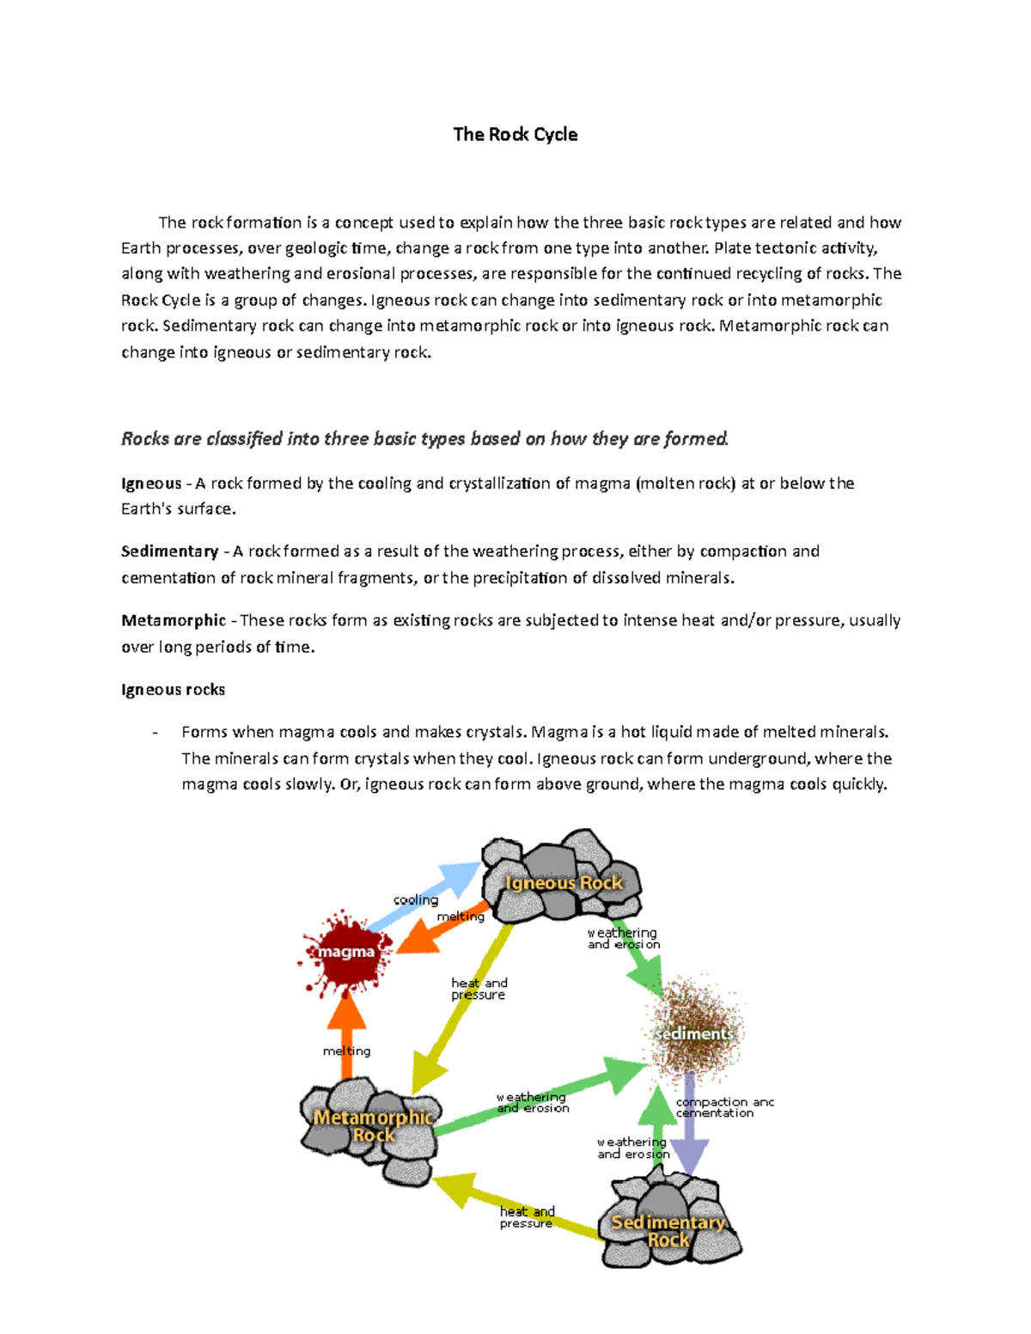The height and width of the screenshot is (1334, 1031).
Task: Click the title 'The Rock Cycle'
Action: coord(515,134)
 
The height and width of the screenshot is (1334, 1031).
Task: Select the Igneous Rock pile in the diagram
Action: coord(562,876)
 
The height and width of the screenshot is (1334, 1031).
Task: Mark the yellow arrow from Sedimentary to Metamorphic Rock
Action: coord(515,1207)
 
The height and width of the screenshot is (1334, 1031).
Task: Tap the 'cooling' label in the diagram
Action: coord(416,900)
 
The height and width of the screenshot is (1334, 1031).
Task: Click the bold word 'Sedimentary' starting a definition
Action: coord(169,551)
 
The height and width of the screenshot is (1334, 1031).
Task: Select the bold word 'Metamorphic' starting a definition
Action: coord(174,620)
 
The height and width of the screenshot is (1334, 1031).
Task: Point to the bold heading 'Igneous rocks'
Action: coord(173,690)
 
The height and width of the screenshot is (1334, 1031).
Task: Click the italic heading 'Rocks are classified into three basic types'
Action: coord(424,439)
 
